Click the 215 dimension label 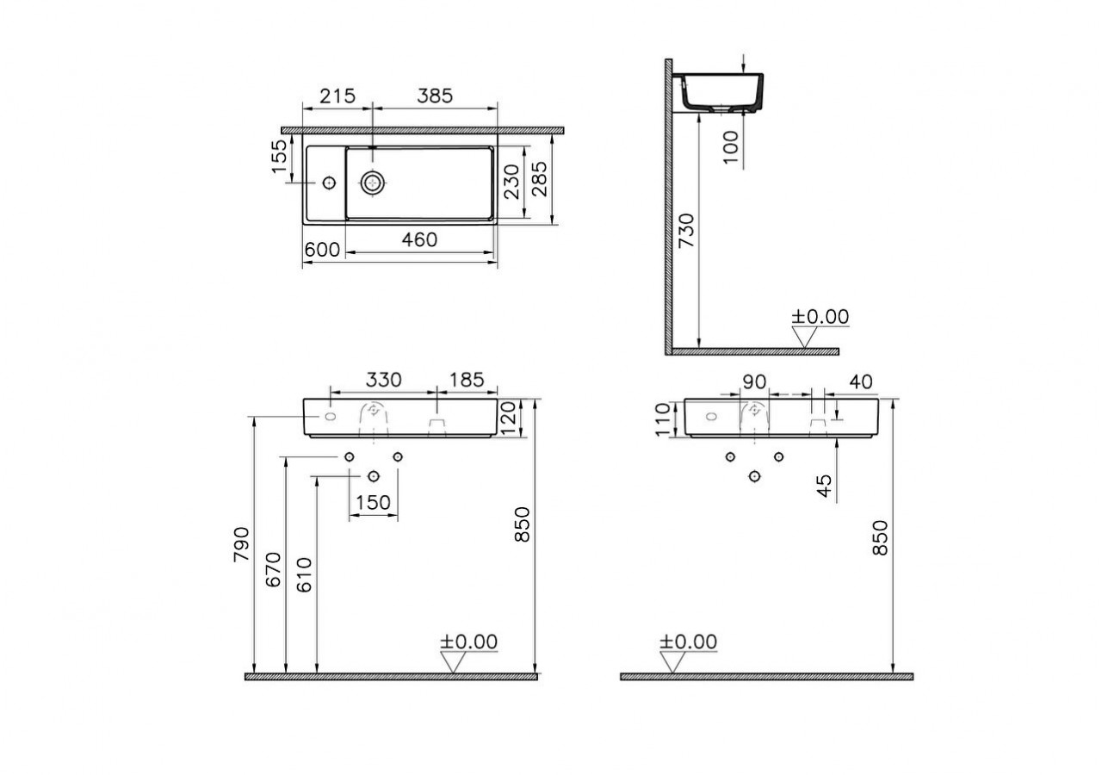pyautogui.click(x=337, y=96)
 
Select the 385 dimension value pyautogui.click(x=435, y=96)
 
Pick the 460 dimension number pyautogui.click(x=420, y=240)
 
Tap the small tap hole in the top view pyautogui.click(x=328, y=183)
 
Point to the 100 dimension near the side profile pyautogui.click(x=731, y=147)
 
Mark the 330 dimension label pyautogui.click(x=383, y=380)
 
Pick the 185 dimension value pyautogui.click(x=467, y=380)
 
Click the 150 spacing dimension pyautogui.click(x=373, y=503)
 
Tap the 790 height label pyautogui.click(x=241, y=544)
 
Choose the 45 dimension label pyautogui.click(x=825, y=487)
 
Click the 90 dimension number pyautogui.click(x=755, y=380)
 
